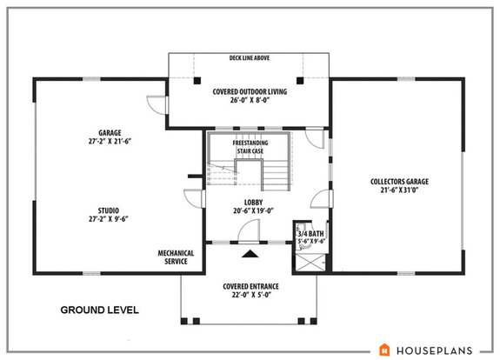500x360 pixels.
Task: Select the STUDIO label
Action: coord(109,210)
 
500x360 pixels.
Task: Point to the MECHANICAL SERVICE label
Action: coord(175,257)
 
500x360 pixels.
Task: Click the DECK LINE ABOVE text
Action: coord(249,59)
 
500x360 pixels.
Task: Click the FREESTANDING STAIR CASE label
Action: coord(250,146)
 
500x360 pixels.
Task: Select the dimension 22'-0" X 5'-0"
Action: coord(250,295)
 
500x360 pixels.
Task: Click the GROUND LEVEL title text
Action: coord(99,310)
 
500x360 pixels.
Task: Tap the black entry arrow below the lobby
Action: coord(250,254)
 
